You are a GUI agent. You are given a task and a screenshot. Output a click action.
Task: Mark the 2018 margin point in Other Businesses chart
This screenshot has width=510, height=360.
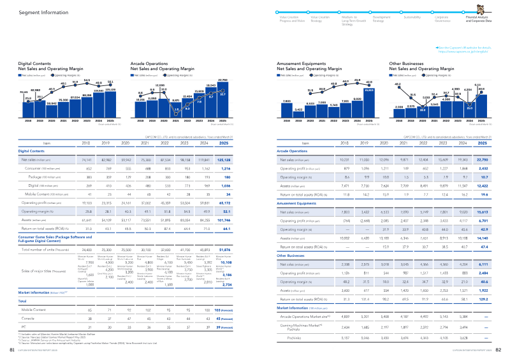coord(398,86)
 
